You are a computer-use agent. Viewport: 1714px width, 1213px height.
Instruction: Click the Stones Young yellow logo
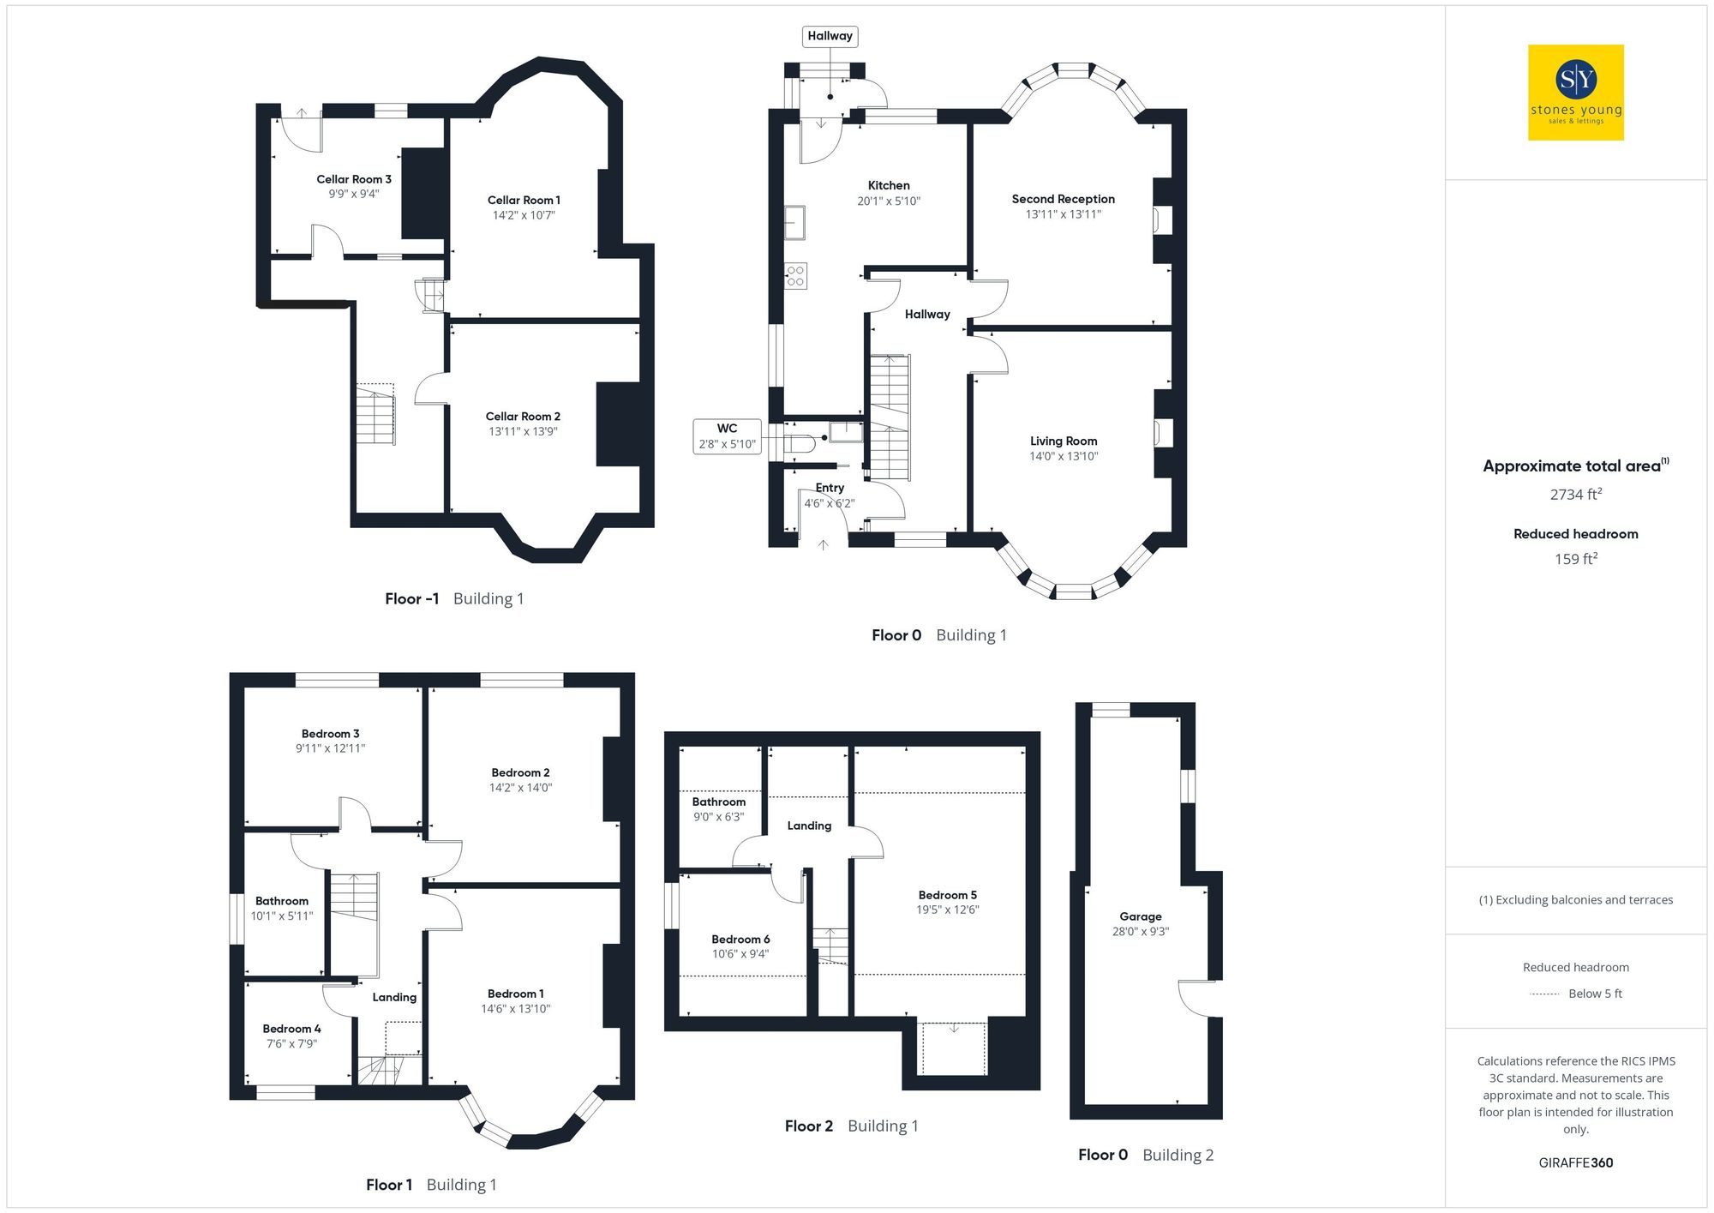(x=1575, y=93)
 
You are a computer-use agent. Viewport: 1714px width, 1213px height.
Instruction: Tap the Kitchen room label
(x=889, y=185)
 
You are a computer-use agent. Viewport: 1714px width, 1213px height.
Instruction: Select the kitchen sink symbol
(x=795, y=222)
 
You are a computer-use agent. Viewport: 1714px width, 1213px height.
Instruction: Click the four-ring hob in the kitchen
(x=795, y=276)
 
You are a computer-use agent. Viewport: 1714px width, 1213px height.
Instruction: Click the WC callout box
(x=727, y=435)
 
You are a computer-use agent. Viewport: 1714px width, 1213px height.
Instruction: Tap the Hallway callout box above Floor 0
(x=830, y=36)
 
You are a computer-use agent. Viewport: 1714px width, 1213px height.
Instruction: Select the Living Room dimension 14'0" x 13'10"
(x=1063, y=456)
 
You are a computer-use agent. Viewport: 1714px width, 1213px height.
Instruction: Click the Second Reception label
(x=1063, y=199)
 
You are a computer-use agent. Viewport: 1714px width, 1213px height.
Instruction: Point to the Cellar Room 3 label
(x=353, y=179)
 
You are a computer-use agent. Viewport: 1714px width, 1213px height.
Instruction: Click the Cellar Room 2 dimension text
(x=523, y=431)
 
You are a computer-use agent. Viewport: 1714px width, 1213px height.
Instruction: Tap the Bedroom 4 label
(x=291, y=1029)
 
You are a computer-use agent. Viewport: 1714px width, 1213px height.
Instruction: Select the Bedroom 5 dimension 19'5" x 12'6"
(x=947, y=910)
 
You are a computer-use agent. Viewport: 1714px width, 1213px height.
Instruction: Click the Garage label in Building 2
(x=1140, y=916)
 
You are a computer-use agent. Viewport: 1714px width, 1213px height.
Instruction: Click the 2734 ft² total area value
(x=1575, y=495)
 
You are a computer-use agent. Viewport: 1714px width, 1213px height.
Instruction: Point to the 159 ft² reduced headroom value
(x=1575, y=559)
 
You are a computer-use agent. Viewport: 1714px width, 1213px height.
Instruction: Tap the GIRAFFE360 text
(x=1575, y=1162)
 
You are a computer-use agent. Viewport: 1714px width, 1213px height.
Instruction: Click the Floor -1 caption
(x=411, y=598)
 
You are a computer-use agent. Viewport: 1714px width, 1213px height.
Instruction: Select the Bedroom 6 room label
(x=740, y=939)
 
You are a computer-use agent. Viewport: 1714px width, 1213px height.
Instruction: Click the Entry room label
(x=829, y=488)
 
